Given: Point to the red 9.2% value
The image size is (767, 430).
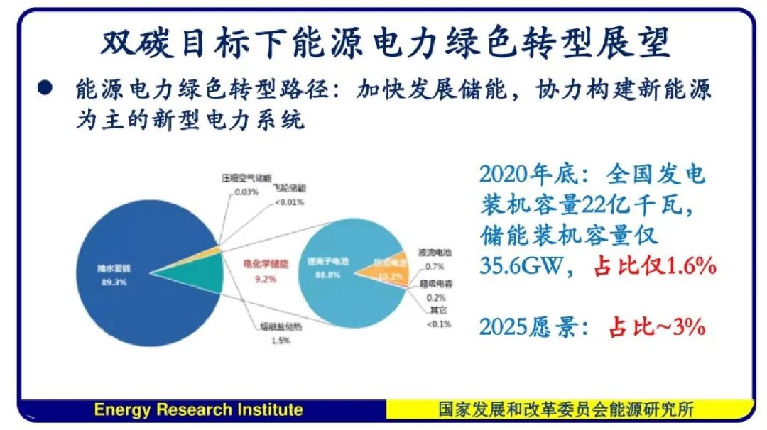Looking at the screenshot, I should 266,280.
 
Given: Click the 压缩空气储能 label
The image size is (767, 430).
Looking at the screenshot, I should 246,178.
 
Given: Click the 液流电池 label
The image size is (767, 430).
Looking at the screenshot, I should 435,253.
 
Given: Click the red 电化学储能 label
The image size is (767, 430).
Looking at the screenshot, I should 266,265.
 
